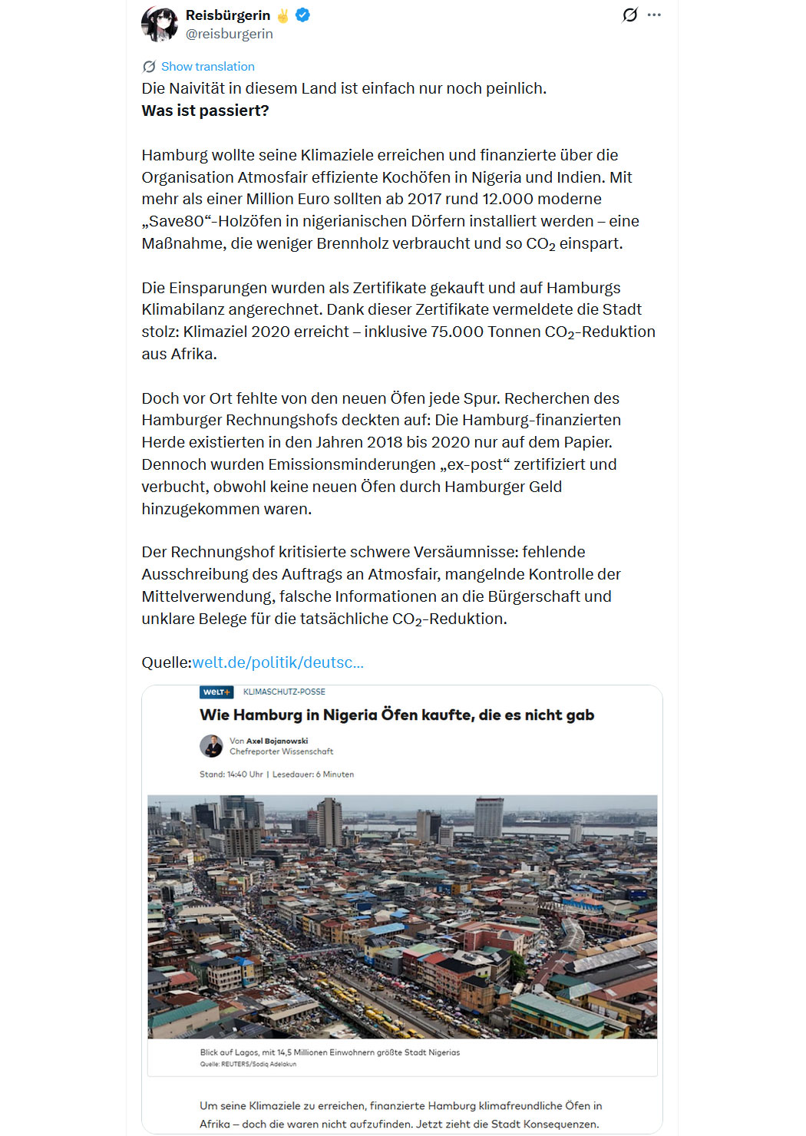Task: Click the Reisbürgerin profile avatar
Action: tap(160, 24)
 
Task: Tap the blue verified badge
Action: tap(303, 15)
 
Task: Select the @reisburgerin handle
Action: tap(230, 34)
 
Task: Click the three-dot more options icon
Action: tap(654, 15)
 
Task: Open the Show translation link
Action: tap(207, 67)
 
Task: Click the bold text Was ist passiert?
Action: tap(205, 111)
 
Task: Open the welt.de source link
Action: tap(278, 662)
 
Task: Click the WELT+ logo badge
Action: tap(216, 692)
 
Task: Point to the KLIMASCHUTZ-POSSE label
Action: tap(284, 692)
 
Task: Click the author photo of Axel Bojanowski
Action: tap(211, 746)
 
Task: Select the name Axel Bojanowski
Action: tap(277, 741)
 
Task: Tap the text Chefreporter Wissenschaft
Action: tap(281, 751)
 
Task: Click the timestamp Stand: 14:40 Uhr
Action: tap(231, 774)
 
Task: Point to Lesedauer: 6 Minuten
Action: tap(313, 774)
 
